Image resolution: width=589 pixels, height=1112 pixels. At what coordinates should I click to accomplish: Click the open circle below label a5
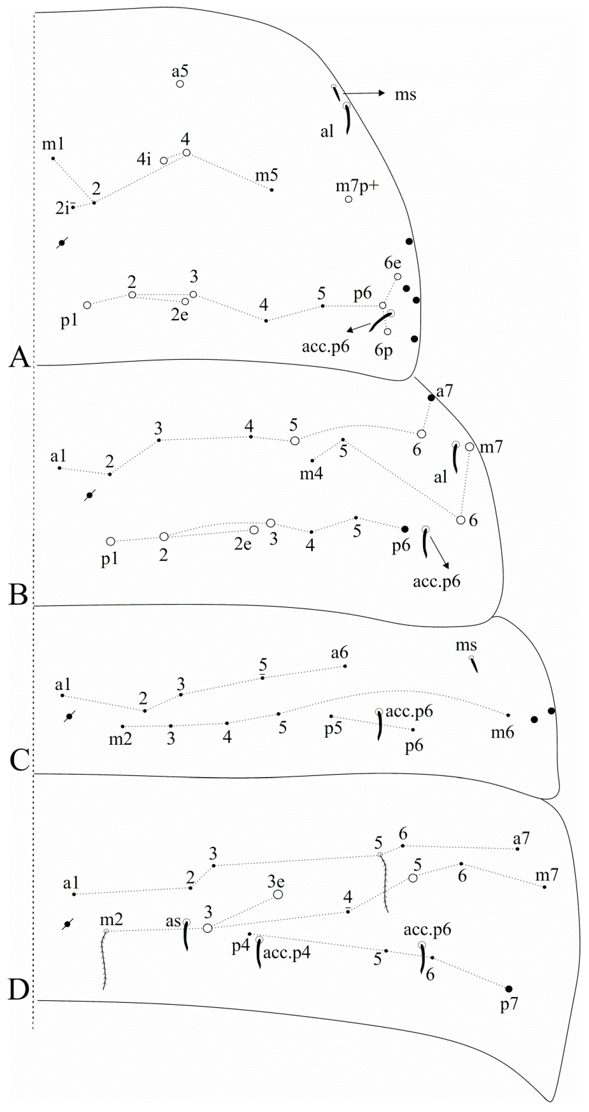coord(180,84)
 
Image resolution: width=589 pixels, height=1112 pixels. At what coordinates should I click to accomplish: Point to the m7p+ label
coord(357,186)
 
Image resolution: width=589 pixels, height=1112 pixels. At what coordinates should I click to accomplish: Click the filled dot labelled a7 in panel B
coord(431,398)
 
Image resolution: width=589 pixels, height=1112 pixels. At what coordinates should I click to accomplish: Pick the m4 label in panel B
coord(311,474)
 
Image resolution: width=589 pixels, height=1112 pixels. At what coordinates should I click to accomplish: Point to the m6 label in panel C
coord(502,732)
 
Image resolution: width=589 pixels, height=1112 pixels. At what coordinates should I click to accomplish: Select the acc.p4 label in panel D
coord(286,952)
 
